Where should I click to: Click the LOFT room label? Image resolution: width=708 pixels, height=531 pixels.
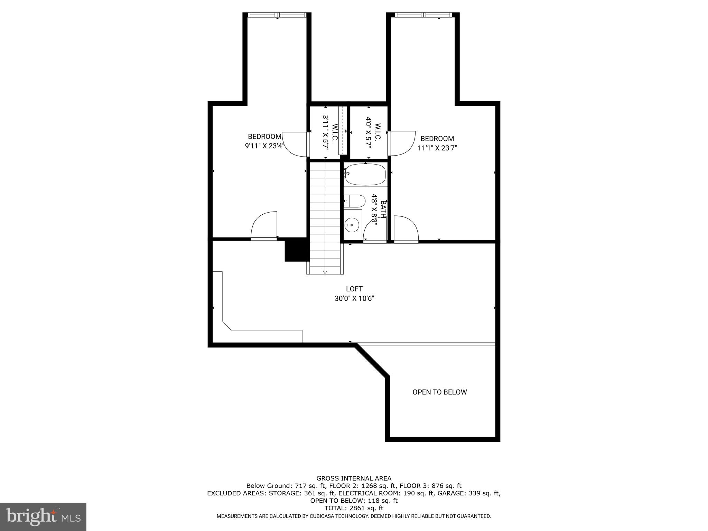point(354,289)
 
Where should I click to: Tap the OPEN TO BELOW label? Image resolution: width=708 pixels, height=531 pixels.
point(439,392)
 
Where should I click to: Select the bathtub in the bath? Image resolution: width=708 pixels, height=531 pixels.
point(365,175)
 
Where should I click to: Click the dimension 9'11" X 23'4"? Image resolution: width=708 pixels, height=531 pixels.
point(264,146)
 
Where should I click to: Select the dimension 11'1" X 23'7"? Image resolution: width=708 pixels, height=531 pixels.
point(437,148)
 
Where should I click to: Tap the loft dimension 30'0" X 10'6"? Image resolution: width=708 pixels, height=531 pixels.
point(354,298)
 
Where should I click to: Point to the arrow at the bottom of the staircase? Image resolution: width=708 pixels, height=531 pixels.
point(325,272)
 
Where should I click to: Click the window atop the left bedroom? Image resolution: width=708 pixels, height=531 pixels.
point(277,15)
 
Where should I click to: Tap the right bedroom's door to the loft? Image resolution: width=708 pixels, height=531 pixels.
point(406,229)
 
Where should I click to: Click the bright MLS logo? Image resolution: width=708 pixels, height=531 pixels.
point(43,516)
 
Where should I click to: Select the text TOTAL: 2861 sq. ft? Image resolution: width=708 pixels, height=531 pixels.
point(354,508)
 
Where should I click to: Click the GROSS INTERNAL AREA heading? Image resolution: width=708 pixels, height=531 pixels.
point(354,478)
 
